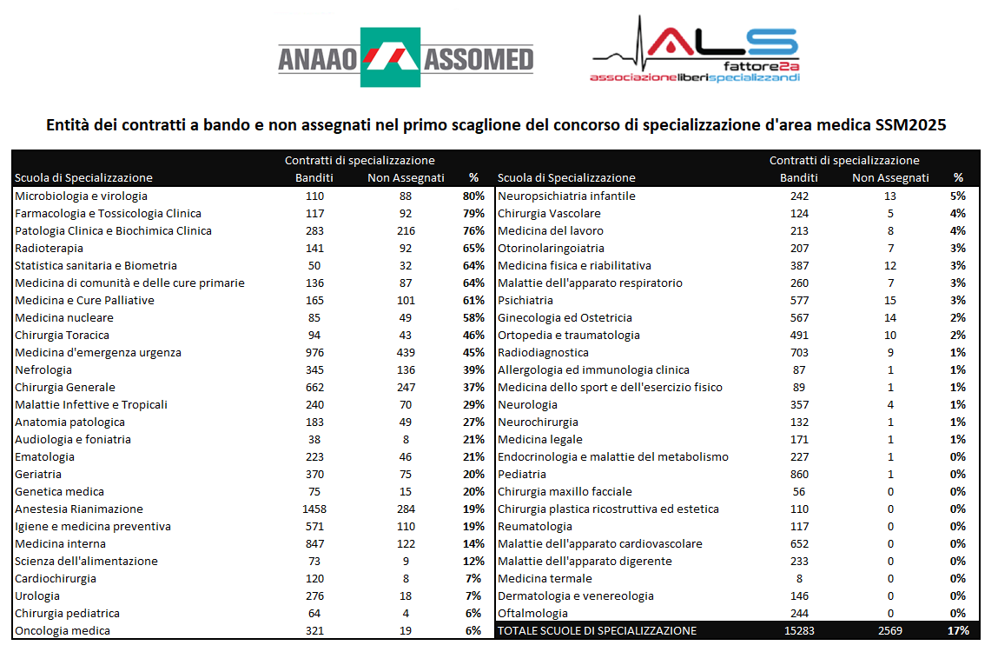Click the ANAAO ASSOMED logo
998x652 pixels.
tap(405, 58)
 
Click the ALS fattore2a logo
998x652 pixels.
tap(695, 52)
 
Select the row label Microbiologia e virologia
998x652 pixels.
tap(81, 196)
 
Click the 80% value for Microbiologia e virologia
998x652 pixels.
tap(473, 196)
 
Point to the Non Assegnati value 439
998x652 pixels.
tap(406, 353)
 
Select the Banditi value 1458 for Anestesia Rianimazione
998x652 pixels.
tap(314, 509)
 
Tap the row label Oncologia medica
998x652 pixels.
tap(63, 631)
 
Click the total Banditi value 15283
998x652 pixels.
tap(797, 631)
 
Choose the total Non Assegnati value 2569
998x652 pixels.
tap(890, 631)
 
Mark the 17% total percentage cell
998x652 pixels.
tap(958, 631)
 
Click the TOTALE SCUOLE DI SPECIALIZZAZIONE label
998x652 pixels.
tap(597, 631)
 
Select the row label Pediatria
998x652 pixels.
tap(522, 475)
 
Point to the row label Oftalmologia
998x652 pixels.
tap(533, 614)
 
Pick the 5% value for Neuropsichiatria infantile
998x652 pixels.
tap(958, 196)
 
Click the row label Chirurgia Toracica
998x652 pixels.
tap(62, 336)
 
